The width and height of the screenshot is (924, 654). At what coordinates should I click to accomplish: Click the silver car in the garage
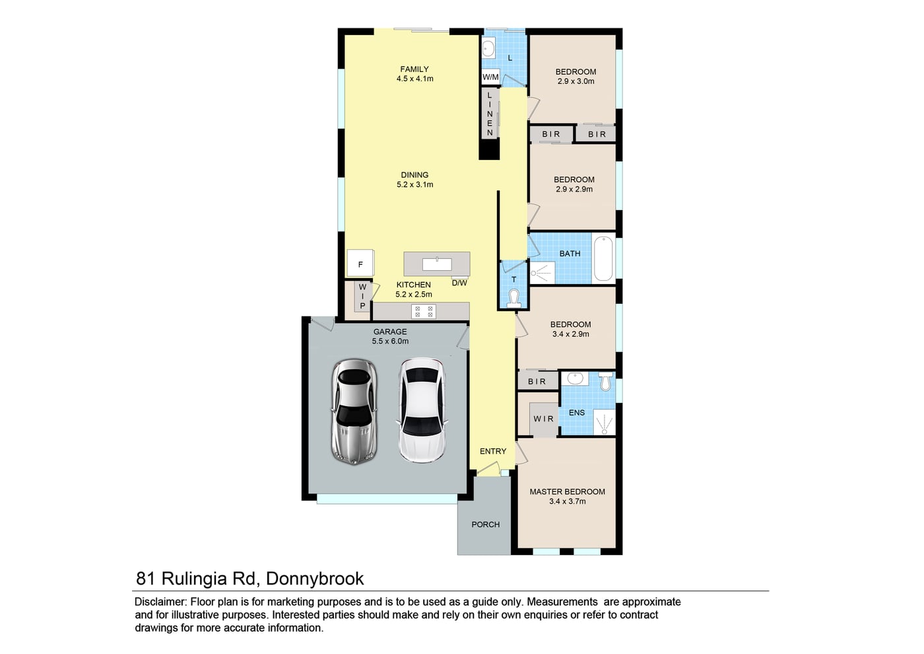[x=354, y=412]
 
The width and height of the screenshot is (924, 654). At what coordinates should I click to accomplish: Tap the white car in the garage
[x=422, y=410]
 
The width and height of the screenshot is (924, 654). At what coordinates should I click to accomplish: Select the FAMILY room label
[x=414, y=69]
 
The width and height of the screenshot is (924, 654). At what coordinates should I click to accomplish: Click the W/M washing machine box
[x=490, y=77]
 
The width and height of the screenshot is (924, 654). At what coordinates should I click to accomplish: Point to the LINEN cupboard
[x=490, y=114]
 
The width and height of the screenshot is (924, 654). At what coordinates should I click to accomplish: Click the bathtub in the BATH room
[x=604, y=258]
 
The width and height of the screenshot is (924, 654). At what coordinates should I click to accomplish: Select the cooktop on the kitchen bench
[x=424, y=311]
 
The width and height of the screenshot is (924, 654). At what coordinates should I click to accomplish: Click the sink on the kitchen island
[x=437, y=264]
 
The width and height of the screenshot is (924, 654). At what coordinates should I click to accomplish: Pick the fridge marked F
[x=360, y=263]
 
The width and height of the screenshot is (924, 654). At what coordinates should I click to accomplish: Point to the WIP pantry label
[x=362, y=297]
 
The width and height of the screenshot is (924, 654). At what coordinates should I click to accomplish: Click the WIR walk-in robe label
[x=543, y=419]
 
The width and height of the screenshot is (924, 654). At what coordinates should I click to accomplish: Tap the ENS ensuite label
[x=577, y=413]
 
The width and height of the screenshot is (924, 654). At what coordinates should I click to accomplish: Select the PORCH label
[x=486, y=525]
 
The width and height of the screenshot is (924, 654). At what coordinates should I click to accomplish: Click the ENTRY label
[x=492, y=451]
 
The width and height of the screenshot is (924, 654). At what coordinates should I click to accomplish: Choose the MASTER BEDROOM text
[x=567, y=491]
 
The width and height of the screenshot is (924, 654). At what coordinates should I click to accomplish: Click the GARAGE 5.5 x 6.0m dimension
[x=390, y=342]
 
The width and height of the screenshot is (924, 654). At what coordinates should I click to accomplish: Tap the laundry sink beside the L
[x=488, y=49]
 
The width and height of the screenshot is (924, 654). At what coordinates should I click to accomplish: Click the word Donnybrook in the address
[x=315, y=579]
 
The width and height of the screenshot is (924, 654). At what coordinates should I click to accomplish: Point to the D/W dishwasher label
[x=459, y=283]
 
